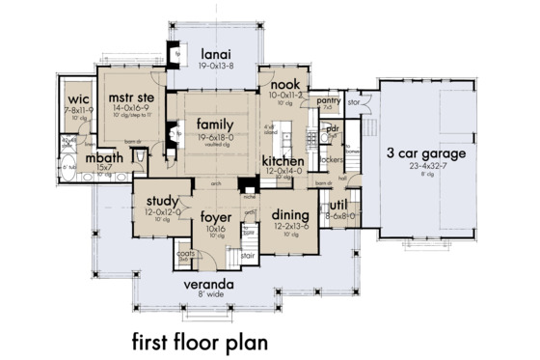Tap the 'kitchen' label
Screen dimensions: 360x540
click(x=283, y=160)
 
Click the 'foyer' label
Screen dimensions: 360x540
click(x=216, y=216)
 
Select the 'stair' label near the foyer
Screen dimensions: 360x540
click(x=248, y=258)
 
